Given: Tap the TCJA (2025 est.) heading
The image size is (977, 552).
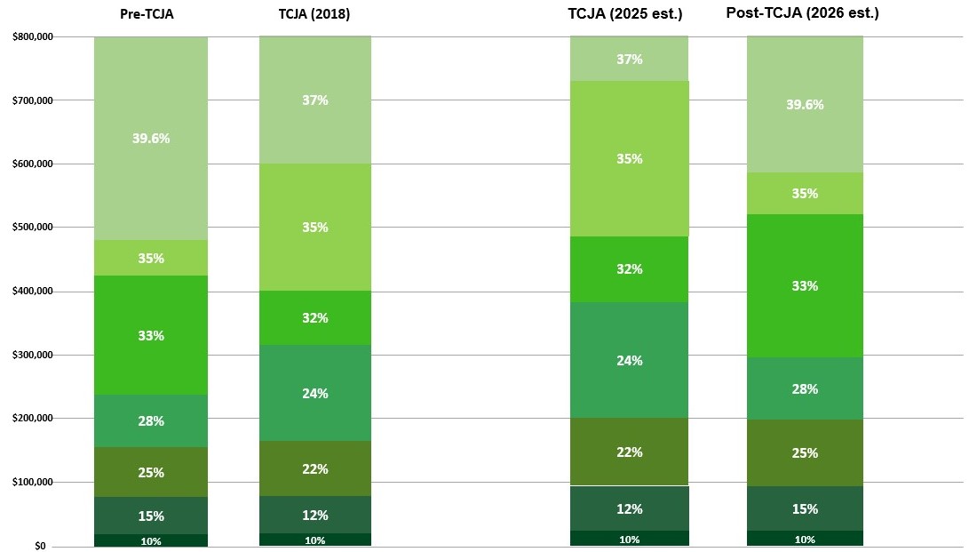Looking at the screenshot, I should click(x=625, y=13).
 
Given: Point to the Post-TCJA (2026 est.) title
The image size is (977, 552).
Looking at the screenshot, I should click(x=802, y=13).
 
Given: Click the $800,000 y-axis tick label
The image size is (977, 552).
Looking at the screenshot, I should click(x=34, y=37).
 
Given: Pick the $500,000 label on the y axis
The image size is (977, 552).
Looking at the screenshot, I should click(x=34, y=228).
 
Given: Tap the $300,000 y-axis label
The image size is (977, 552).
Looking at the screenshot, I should click(x=34, y=356).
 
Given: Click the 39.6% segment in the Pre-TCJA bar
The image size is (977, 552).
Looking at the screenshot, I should click(x=151, y=139).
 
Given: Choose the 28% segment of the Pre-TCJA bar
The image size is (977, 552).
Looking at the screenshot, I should click(x=151, y=420).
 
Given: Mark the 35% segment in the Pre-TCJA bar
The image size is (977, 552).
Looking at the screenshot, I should click(x=151, y=258).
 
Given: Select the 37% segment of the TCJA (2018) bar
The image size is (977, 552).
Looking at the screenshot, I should click(x=315, y=100).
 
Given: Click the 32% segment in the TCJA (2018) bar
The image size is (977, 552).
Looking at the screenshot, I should click(x=315, y=318).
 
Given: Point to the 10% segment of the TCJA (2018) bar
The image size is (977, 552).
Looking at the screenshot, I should click(x=315, y=540).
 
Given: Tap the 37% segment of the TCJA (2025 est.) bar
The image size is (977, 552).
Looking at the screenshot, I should click(x=630, y=59).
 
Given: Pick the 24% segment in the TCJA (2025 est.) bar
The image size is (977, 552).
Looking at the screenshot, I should click(x=630, y=360).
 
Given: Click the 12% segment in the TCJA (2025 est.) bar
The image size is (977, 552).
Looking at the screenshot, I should click(x=630, y=508).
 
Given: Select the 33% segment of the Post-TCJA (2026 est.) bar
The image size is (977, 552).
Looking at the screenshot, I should click(x=805, y=286).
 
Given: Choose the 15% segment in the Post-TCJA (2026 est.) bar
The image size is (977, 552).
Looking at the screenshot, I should click(x=805, y=508).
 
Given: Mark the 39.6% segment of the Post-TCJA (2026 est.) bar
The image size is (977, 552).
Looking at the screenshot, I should click(x=805, y=104).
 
